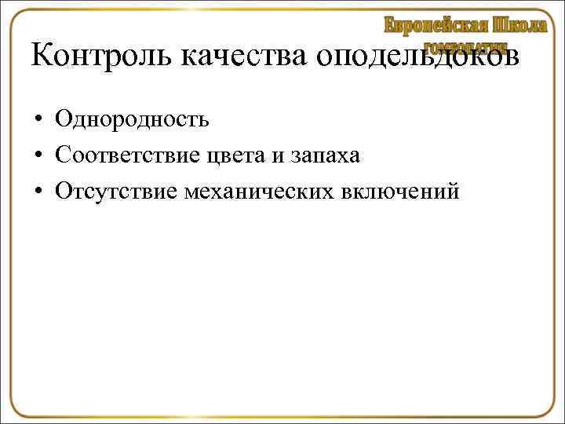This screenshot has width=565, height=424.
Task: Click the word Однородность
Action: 132,119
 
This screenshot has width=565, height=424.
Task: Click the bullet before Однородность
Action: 37,120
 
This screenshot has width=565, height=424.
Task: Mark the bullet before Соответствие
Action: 37,156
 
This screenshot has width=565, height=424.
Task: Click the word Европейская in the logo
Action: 435,25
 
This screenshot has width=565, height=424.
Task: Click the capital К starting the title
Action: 42,57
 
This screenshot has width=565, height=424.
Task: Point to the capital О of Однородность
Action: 63,119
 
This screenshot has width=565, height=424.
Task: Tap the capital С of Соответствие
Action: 62,155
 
